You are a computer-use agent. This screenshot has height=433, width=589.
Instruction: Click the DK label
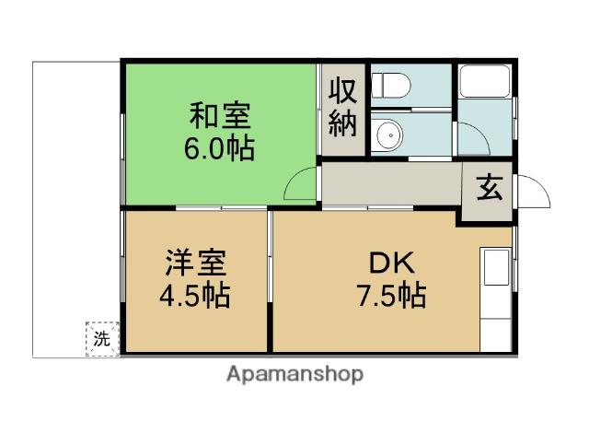(390, 264)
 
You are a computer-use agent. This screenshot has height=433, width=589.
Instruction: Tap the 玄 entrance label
(488, 192)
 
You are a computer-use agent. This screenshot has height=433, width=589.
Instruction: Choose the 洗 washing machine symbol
(103, 338)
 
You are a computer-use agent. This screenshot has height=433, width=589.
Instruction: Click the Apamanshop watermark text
(294, 375)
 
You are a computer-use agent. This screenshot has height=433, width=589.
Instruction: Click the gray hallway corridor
(391, 185)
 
